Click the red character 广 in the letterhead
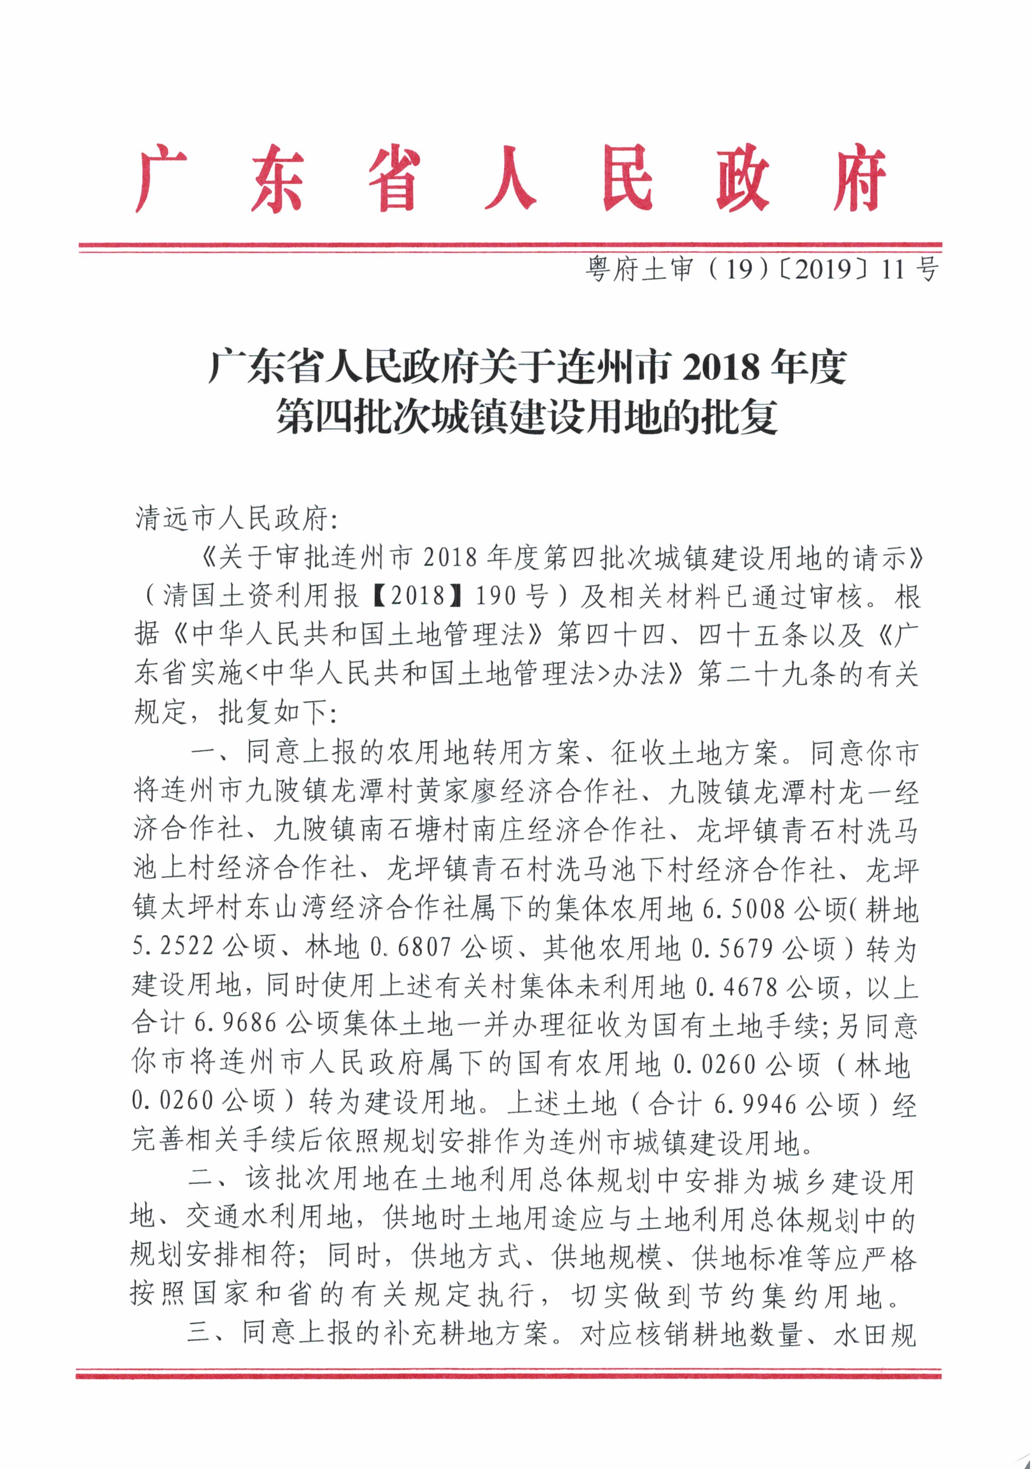pyautogui.click(x=161, y=179)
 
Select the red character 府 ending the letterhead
pyautogui.click(x=859, y=179)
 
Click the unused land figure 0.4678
pyautogui.click(x=736, y=987)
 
